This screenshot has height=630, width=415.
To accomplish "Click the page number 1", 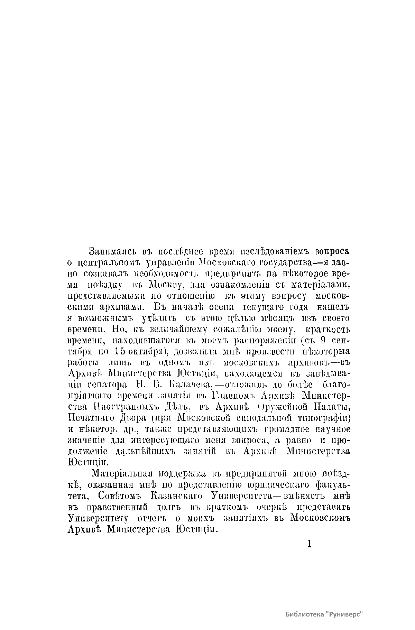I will [309, 544].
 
